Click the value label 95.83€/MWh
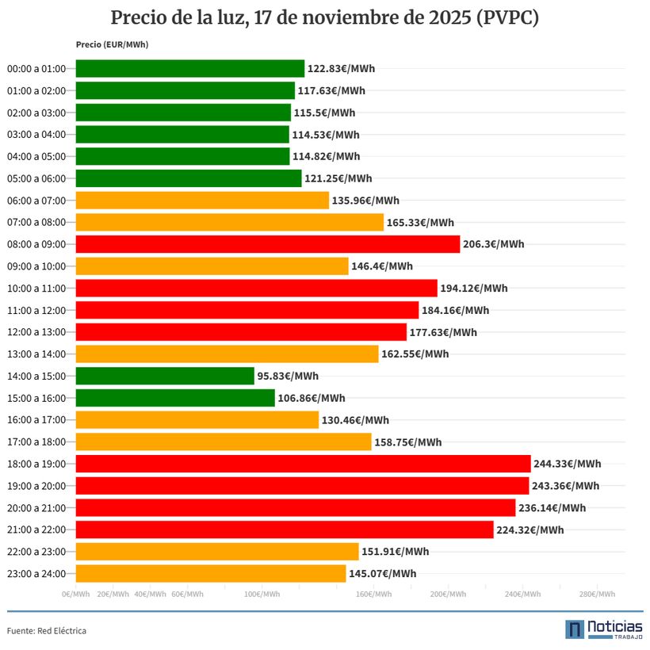(288, 376)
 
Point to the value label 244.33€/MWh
(567, 464)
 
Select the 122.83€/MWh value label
(341, 68)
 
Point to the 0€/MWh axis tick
(76, 594)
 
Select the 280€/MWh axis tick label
(597, 594)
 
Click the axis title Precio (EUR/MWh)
(112, 44)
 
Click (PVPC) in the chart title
(507, 18)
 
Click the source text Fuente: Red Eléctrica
(47, 631)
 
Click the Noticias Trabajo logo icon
(575, 629)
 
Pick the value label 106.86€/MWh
(312, 398)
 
